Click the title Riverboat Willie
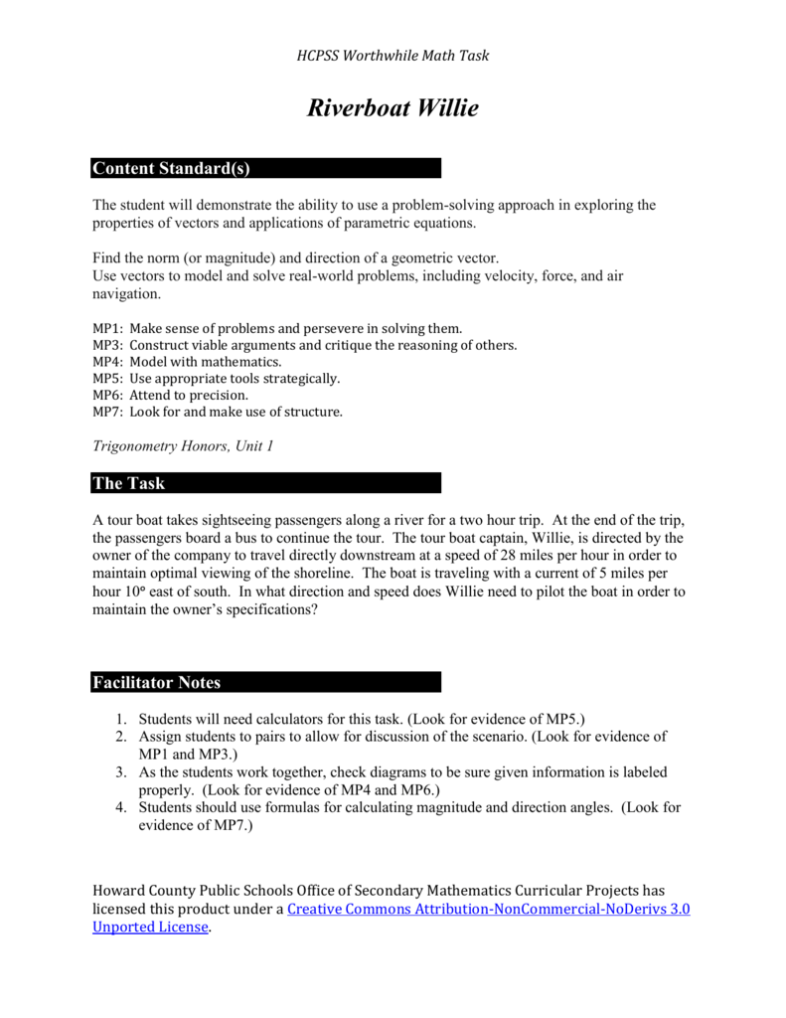pyautogui.click(x=393, y=108)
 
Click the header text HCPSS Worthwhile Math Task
pyautogui.click(x=393, y=56)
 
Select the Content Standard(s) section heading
pyautogui.click(x=170, y=169)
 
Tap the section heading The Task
pyautogui.click(x=129, y=484)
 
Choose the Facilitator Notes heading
pyautogui.click(x=156, y=683)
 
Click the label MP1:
pyautogui.click(x=108, y=328)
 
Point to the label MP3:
pyautogui.click(x=108, y=346)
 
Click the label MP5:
pyautogui.click(x=108, y=379)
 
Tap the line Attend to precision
pyautogui.click(x=189, y=395)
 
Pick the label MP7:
pyautogui.click(x=108, y=412)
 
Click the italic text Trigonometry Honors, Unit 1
pyautogui.click(x=183, y=446)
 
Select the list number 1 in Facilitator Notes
pyautogui.click(x=118, y=719)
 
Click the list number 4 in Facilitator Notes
pyautogui.click(x=118, y=807)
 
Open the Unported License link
pyautogui.click(x=150, y=927)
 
